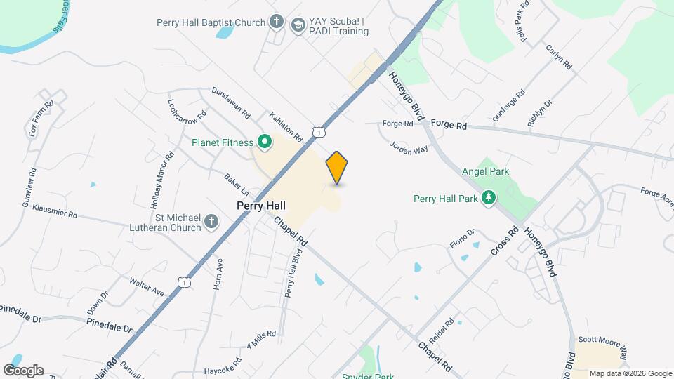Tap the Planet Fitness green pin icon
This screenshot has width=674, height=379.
pos(265,143)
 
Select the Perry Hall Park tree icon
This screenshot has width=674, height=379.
pos(489,198)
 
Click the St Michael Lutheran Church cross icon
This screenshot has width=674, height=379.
pos(210,223)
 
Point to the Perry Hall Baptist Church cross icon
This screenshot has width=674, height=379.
pos(277,21)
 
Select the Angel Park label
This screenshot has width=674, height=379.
pos(485,171)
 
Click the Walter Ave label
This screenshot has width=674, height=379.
pos(147,286)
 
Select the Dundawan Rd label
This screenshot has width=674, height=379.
pos(231,102)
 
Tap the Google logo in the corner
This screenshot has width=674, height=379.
pos(23,370)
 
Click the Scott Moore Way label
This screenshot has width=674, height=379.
pos(602,339)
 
